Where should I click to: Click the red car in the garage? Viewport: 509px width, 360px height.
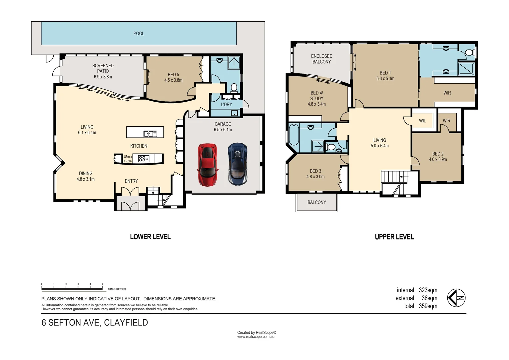point(208,165)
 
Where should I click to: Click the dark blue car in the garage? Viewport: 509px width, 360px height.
point(238,164)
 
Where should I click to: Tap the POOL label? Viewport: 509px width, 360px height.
point(139,33)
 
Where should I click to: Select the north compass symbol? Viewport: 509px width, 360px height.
point(456,298)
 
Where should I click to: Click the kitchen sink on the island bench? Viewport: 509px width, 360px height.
point(150,134)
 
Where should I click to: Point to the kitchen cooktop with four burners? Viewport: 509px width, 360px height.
point(144,159)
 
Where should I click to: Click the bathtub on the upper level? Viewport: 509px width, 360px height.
point(293,134)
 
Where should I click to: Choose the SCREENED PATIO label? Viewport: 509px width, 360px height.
point(103,68)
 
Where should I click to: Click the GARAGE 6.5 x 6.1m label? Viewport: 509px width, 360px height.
point(223,127)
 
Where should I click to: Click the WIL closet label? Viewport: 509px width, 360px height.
point(422,121)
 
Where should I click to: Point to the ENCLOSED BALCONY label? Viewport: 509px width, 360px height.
point(321,59)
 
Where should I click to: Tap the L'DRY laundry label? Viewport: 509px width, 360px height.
point(227,104)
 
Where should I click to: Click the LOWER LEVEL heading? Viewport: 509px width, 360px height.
point(150,237)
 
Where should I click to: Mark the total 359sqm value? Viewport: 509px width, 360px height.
point(428,306)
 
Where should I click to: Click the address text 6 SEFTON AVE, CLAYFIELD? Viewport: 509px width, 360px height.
point(95,323)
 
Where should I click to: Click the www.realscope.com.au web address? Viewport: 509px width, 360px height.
point(256,337)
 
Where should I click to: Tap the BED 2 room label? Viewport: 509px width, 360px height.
point(438,157)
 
